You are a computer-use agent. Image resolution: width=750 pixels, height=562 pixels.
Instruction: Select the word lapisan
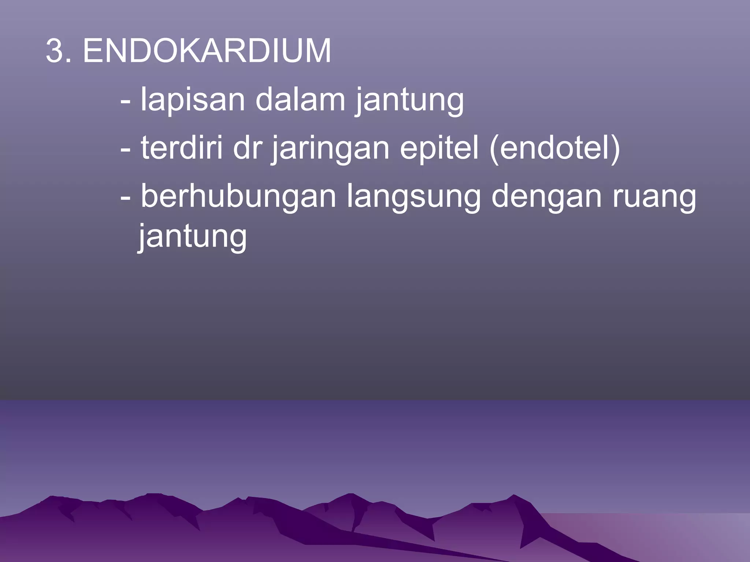(193, 100)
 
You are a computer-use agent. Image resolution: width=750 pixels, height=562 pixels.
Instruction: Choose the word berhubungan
(238, 198)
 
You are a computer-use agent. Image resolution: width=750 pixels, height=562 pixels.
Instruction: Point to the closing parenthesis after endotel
(615, 148)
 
